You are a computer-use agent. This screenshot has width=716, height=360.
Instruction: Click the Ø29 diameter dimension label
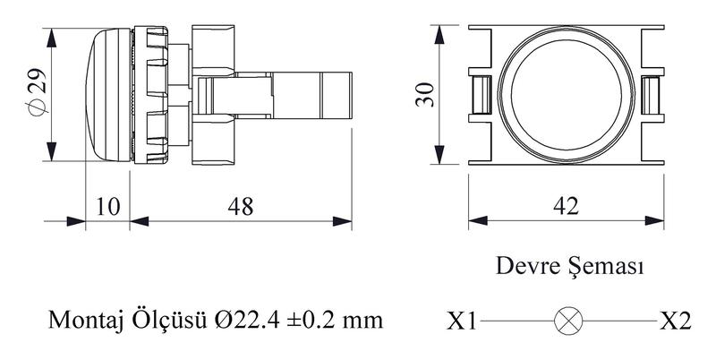[36, 93]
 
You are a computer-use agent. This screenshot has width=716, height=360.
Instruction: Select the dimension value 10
[107, 207]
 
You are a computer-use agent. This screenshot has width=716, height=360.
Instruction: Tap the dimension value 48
[241, 207]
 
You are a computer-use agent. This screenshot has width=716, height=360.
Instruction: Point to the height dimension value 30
[424, 95]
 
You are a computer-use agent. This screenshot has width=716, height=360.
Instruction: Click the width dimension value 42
[567, 206]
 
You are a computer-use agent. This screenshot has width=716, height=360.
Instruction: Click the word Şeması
[607, 266]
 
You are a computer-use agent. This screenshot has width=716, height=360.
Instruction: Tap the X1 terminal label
[461, 321]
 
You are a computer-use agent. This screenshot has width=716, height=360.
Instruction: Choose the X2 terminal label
[676, 321]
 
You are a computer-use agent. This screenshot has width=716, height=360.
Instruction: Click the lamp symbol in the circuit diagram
[568, 321]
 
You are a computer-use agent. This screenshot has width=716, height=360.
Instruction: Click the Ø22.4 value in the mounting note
[247, 321]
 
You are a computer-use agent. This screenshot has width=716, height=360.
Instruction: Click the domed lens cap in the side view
[108, 95]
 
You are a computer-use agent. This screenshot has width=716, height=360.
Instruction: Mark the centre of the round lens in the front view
[567, 95]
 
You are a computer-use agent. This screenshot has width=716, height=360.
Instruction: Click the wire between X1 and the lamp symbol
[517, 321]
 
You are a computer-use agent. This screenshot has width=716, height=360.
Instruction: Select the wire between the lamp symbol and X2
[619, 321]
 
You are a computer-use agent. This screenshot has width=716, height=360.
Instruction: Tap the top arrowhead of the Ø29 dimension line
[52, 38]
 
